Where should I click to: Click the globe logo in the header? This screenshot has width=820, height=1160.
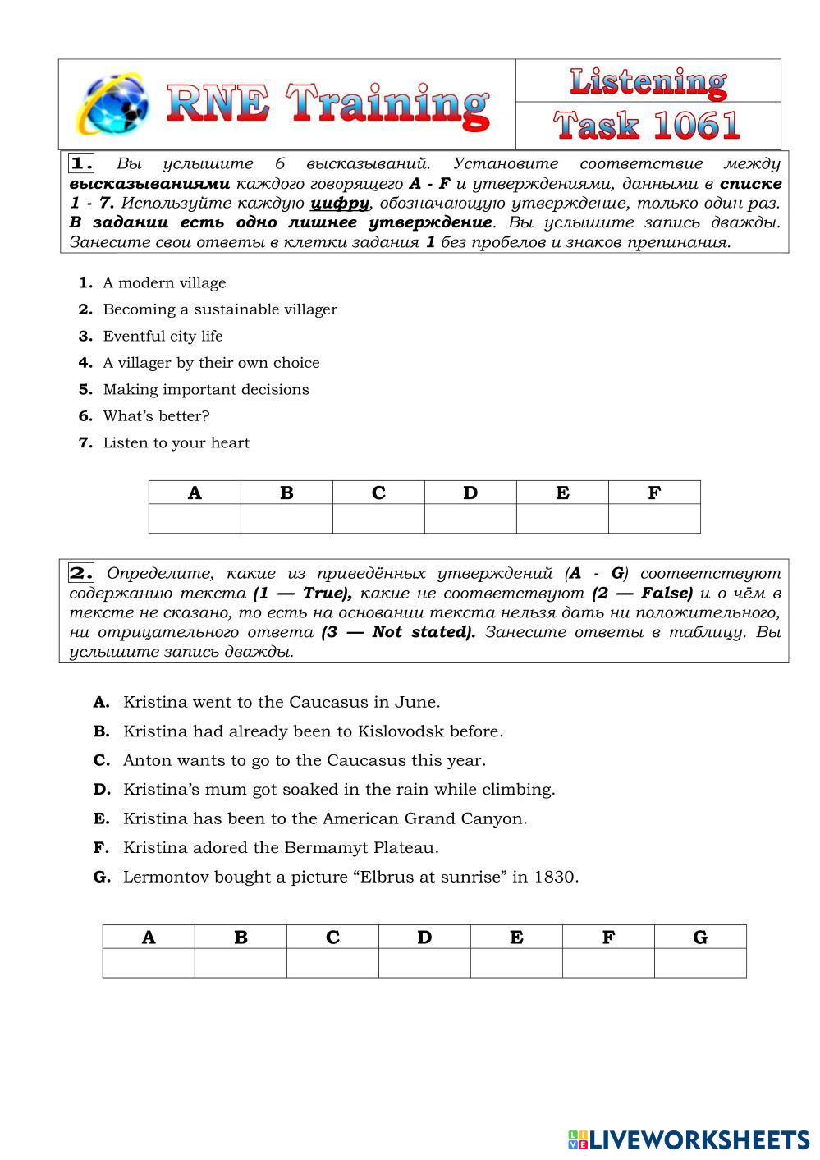pyautogui.click(x=112, y=104)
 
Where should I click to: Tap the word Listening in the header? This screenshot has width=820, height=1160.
pyautogui.click(x=648, y=81)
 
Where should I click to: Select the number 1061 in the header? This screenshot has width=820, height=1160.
pyautogui.click(x=697, y=126)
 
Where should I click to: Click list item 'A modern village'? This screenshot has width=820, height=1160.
pyautogui.click(x=164, y=283)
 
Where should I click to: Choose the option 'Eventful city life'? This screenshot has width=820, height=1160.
pyautogui.click(x=163, y=337)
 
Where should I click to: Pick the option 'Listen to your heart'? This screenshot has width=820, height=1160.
pyautogui.click(x=176, y=443)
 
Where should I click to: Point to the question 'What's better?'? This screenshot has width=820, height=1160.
pyautogui.click(x=156, y=416)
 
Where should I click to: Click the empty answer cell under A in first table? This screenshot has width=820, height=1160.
pyautogui.click(x=195, y=519)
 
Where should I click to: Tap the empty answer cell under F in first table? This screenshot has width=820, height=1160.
pyautogui.click(x=654, y=519)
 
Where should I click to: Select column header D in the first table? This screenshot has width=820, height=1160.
pyautogui.click(x=470, y=493)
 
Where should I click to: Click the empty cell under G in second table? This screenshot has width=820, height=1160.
pyautogui.click(x=700, y=963)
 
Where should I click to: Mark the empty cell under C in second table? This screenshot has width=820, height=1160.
pyautogui.click(x=332, y=963)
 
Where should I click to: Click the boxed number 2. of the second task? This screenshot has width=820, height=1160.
pyautogui.click(x=81, y=573)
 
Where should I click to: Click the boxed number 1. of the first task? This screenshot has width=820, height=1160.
pyautogui.click(x=81, y=163)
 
